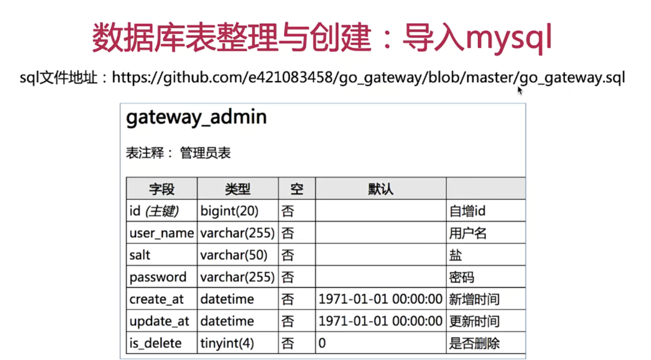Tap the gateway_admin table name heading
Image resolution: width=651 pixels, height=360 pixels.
coord(196,117)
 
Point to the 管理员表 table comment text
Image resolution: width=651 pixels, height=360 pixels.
coord(205,153)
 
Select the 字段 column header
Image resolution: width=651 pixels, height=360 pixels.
coord(162,189)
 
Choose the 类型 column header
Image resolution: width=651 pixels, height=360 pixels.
coord(238,189)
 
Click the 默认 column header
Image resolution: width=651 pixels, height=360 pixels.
coord(381,189)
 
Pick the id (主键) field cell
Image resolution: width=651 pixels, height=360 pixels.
coord(154,211)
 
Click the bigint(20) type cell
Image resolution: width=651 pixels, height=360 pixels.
coord(230,211)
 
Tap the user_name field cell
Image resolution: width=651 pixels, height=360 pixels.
coord(161,233)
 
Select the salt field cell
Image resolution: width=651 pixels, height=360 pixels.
coord(140,255)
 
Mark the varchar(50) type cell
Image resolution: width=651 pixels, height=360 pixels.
coord(234,255)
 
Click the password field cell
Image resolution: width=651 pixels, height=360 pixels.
coord(158,277)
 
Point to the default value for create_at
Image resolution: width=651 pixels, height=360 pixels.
coord(380,299)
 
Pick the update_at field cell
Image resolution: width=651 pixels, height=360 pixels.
coord(159,321)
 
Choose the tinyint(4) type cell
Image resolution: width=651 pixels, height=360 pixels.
coord(227,343)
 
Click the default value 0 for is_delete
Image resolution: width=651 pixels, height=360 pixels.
coord(322,343)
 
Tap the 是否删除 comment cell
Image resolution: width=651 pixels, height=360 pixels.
coord(474,343)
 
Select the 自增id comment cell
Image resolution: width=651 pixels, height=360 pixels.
coord(467,211)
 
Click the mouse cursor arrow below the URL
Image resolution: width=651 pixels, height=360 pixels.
coord(520,90)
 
